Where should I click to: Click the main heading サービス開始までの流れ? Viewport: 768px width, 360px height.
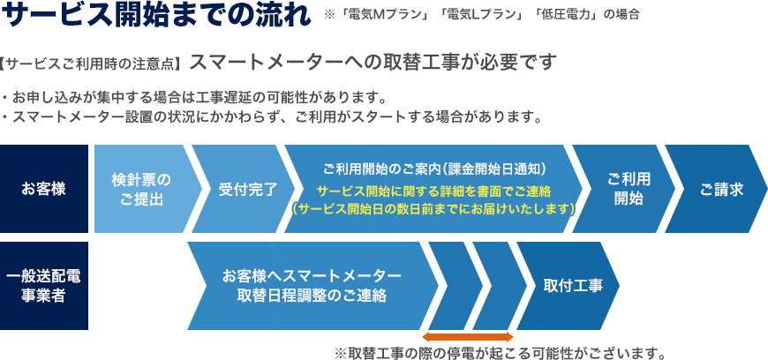156,15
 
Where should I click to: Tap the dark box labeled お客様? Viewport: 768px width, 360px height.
44,189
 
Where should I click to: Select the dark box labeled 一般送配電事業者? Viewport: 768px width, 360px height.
44,286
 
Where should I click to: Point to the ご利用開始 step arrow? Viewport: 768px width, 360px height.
624,189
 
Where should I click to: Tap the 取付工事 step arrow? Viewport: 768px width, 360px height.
568,286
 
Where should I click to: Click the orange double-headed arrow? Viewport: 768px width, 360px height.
468,337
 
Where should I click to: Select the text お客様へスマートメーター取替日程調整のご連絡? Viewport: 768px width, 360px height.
312,286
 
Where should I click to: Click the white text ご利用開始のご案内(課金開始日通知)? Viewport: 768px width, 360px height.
434,169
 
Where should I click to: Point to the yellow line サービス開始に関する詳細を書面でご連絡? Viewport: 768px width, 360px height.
434,191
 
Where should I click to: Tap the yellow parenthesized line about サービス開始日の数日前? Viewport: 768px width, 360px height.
434,209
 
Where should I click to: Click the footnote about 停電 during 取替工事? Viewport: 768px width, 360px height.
500,353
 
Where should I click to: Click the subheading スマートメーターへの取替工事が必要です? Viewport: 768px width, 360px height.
373,63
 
